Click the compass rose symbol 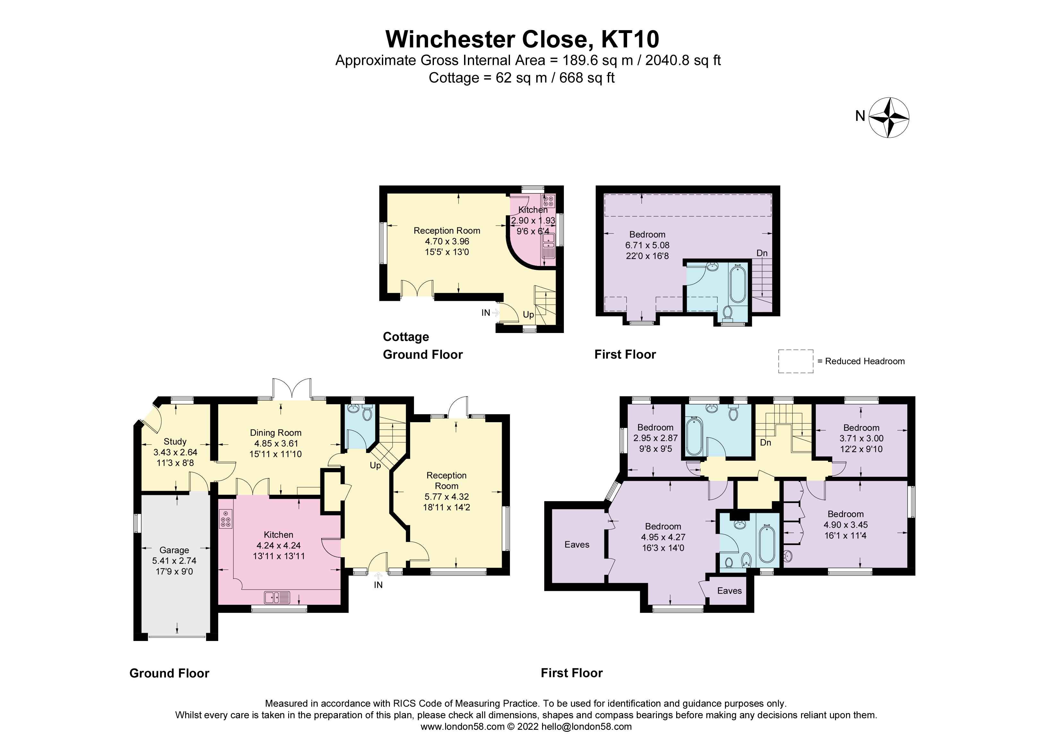click(x=888, y=117)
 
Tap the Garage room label click(x=174, y=550)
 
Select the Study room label click(x=175, y=441)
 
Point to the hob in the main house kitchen click(x=226, y=519)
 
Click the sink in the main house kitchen click(x=277, y=597)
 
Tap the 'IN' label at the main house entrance click(x=378, y=585)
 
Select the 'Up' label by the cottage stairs click(x=528, y=315)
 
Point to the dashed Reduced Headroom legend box click(x=795, y=361)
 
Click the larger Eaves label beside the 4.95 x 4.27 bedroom click(x=577, y=544)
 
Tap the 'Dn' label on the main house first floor click(x=765, y=443)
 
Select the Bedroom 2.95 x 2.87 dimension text click(x=655, y=438)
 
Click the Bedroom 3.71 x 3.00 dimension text click(x=861, y=439)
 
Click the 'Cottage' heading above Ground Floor click(x=406, y=337)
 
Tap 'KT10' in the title click(x=630, y=39)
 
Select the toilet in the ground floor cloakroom click(x=367, y=414)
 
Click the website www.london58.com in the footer click(x=462, y=727)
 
